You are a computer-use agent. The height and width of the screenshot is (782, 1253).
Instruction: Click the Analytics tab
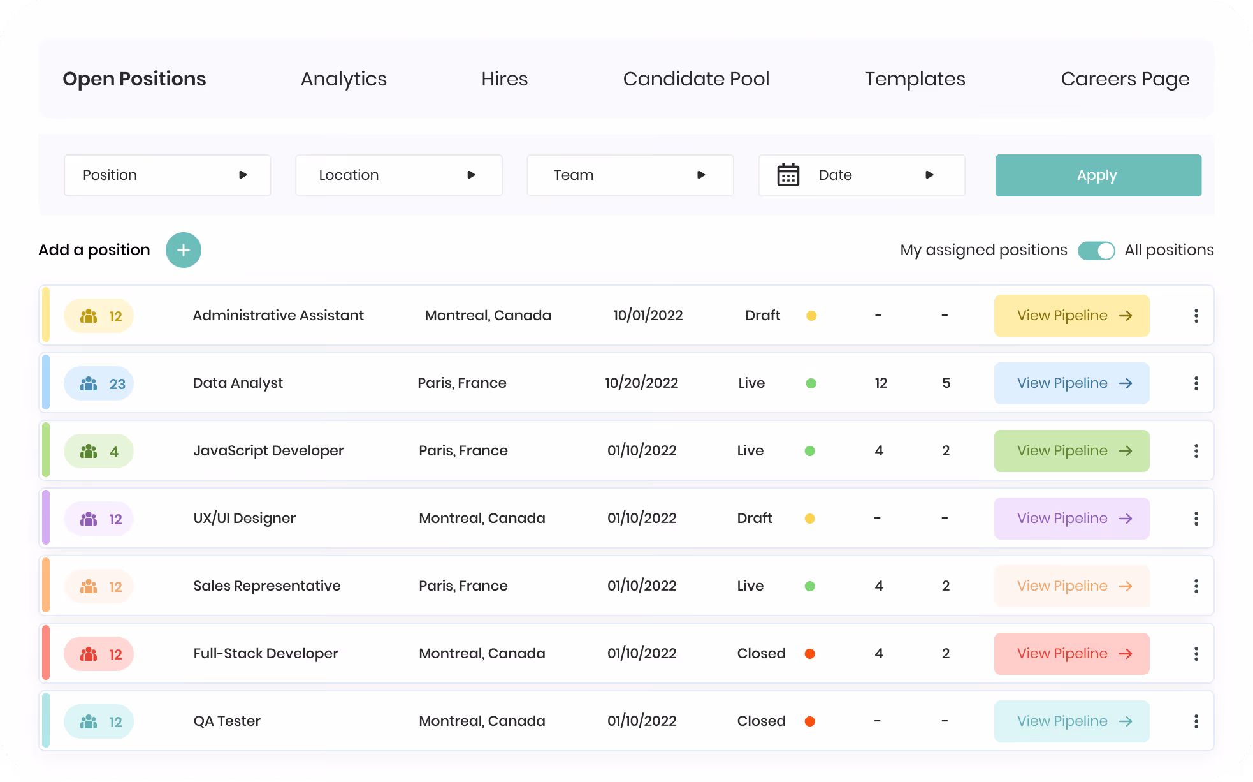(344, 79)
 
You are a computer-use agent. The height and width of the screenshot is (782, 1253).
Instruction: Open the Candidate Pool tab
(696, 79)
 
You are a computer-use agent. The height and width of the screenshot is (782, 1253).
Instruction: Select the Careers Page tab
(1125, 79)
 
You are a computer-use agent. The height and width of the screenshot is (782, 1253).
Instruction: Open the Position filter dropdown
(168, 175)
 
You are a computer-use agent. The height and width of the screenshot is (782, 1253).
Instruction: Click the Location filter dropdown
(399, 175)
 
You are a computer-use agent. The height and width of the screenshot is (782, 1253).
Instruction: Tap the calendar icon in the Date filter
(788, 175)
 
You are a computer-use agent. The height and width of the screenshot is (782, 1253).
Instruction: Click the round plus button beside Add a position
(184, 250)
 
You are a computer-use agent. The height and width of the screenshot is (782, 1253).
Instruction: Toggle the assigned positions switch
(1096, 251)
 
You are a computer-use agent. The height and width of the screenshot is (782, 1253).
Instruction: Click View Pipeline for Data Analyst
(1072, 383)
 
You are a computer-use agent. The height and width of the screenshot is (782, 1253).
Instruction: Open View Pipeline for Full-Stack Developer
(1072, 654)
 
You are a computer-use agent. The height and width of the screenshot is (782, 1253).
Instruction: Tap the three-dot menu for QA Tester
(1196, 721)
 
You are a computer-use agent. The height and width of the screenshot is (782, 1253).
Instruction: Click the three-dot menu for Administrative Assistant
(1196, 316)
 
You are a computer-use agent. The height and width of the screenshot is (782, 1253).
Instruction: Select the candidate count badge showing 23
(99, 383)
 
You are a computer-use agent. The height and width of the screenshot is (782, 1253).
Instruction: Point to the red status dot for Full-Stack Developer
(810, 654)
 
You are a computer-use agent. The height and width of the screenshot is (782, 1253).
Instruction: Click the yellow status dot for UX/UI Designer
(810, 519)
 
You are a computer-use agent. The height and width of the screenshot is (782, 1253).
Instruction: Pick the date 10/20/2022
(641, 383)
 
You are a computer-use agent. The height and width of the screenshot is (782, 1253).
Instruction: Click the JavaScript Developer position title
(268, 451)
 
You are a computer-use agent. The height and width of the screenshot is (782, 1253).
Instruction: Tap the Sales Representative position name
(267, 586)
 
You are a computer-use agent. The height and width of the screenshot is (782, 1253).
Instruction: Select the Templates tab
(915, 79)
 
